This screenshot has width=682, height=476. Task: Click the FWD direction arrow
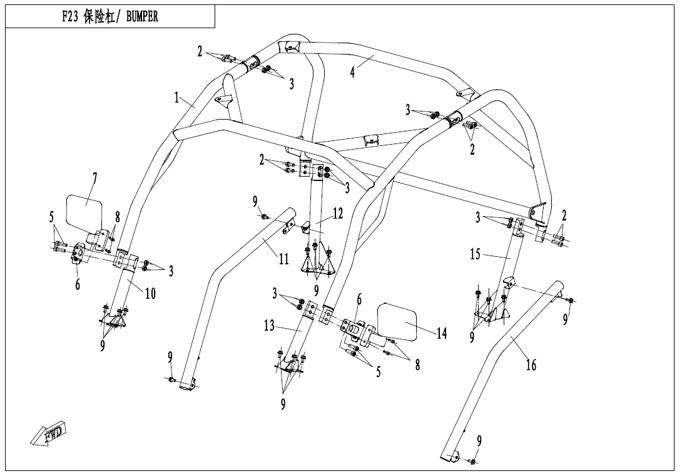coord(49,433)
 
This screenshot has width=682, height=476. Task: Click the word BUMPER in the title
coord(142,16)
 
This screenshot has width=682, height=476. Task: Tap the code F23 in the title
coord(69,16)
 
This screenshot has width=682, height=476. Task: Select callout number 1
coord(176,98)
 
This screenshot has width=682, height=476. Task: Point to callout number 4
coord(352,72)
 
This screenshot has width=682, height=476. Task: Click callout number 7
coord(94,178)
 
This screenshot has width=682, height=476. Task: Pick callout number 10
coord(150,293)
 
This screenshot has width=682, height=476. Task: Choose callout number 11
coord(283,259)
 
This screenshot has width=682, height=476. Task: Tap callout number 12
coord(337,214)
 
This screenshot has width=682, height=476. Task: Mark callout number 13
coord(269,325)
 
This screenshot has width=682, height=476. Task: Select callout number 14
coord(442,334)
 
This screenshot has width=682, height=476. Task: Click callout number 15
coord(475,254)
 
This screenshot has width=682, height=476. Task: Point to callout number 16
coord(531,365)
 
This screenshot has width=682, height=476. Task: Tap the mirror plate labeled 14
coord(397,321)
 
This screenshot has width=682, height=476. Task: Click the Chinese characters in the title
coord(99,16)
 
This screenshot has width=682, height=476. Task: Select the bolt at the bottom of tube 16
coord(473,461)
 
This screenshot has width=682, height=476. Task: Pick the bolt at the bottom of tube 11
coord(172,380)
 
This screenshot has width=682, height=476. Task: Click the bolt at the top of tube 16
coord(571,300)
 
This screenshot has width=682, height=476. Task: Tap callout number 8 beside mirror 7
coord(117,218)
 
